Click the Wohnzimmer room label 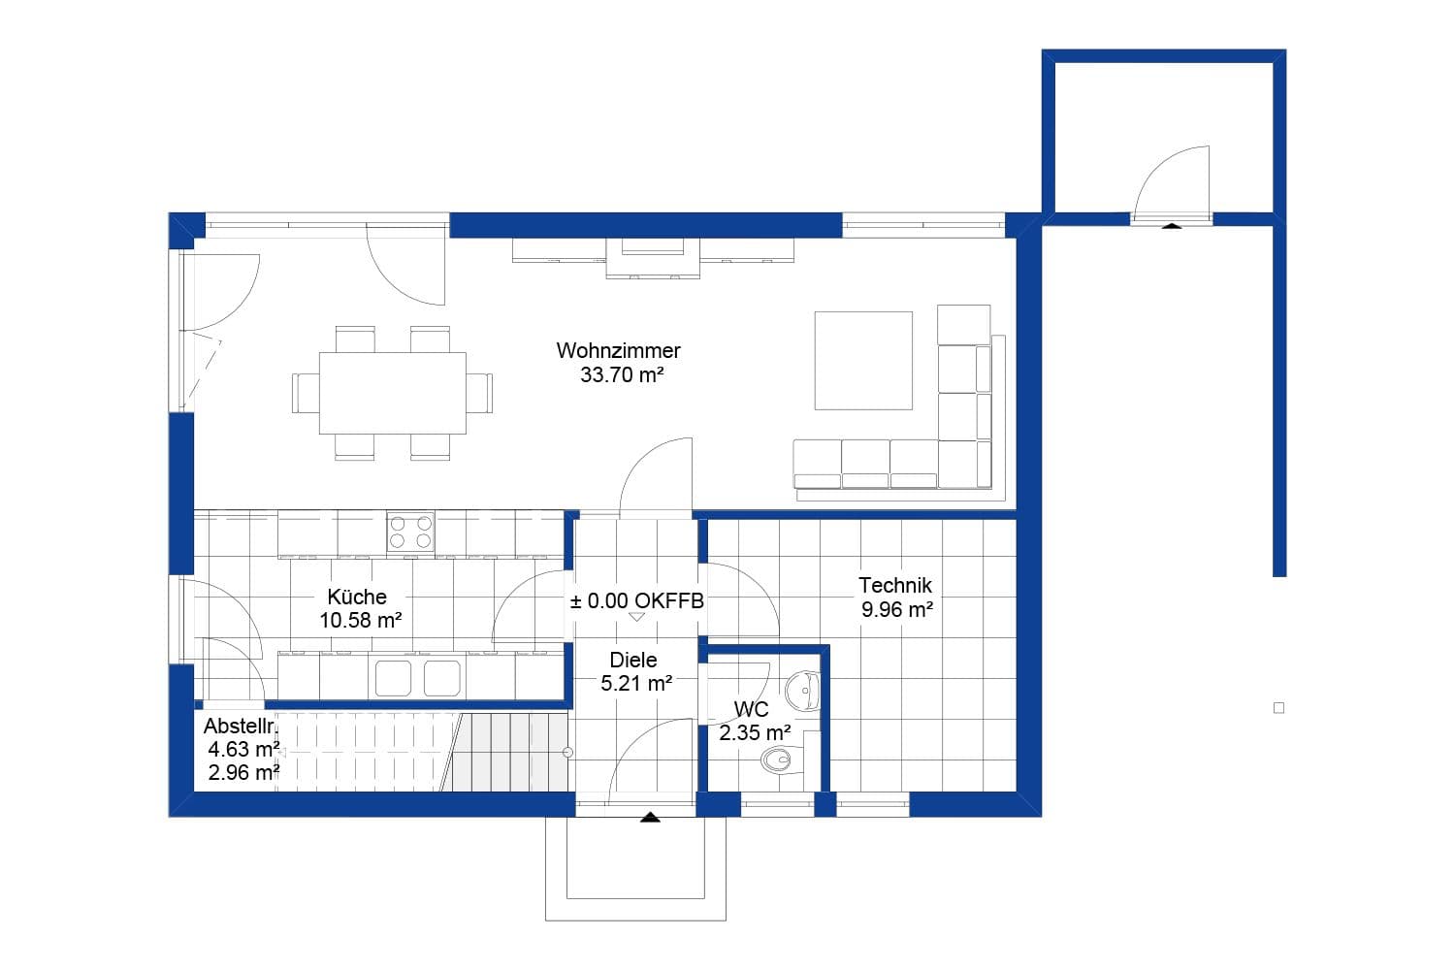[x=618, y=350]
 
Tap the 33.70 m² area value [x=621, y=375]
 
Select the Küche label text [x=357, y=597]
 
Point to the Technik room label [x=894, y=585]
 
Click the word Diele [x=633, y=660]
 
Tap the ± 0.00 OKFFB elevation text [x=636, y=601]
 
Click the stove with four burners [x=410, y=533]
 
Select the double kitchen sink [x=417, y=678]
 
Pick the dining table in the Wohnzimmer [x=392, y=393]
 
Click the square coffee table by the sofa [x=863, y=361]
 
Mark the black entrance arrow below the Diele [x=650, y=818]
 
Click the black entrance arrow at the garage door [x=1172, y=225]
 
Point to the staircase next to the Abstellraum [x=504, y=752]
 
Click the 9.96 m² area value [x=896, y=610]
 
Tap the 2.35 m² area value [x=754, y=733]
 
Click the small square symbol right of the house [x=1278, y=708]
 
